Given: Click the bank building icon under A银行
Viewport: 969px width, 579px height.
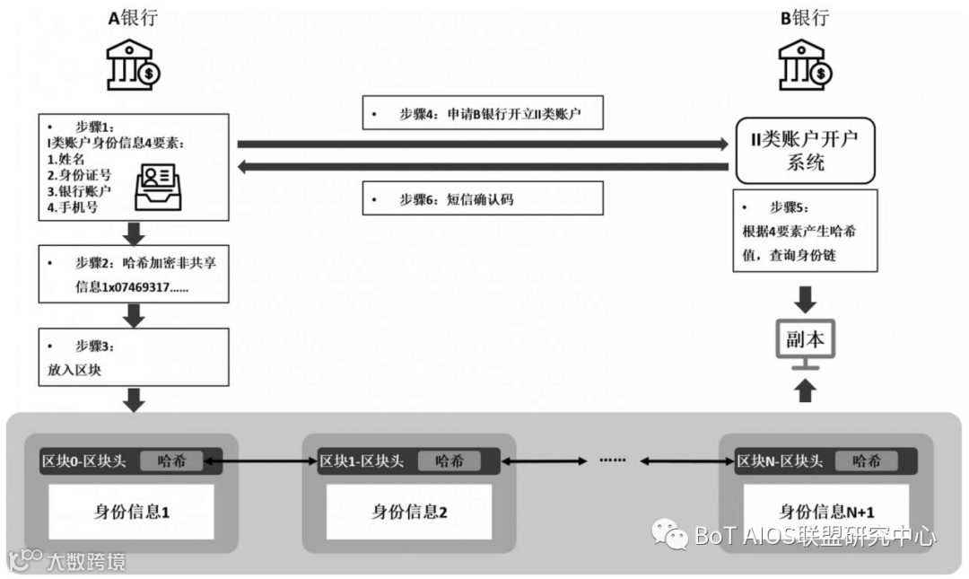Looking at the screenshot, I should tap(133, 65).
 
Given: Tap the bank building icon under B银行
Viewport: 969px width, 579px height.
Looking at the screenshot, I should tap(802, 65).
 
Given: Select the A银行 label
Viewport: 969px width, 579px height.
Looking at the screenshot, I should tap(132, 18).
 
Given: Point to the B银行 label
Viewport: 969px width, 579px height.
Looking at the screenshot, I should tap(804, 18).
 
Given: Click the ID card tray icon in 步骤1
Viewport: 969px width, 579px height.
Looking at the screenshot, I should tap(157, 185).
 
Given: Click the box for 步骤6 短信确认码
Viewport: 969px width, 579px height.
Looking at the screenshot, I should tap(483, 198).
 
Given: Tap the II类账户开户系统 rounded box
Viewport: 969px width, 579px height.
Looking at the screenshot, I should tap(804, 151).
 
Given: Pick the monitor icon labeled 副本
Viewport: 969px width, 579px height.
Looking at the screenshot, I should tap(805, 343).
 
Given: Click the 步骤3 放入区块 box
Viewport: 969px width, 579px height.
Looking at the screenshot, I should tap(133, 357).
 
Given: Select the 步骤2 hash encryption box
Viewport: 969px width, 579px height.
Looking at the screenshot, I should tap(133, 276).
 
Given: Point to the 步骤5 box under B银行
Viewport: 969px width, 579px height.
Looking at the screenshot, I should tap(805, 231).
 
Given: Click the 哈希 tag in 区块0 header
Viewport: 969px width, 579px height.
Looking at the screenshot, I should tap(171, 461).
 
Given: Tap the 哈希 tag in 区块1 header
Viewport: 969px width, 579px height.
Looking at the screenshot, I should tap(449, 461).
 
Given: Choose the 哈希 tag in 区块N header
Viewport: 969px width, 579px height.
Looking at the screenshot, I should tap(866, 461).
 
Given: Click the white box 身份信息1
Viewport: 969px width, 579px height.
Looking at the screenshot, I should tap(132, 512).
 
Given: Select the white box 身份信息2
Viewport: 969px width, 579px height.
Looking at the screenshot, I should tap(409, 512).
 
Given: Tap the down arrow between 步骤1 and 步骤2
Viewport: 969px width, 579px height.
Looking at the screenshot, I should tap(134, 234).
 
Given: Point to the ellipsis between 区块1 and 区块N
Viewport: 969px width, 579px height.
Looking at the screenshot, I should tap(613, 461).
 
